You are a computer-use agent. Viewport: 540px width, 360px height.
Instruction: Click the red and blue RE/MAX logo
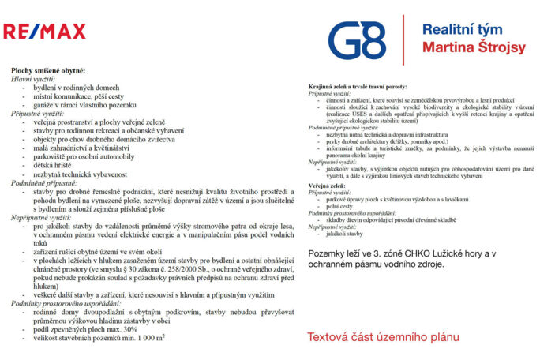[44, 32]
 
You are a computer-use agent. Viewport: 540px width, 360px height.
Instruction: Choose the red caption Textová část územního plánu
[383, 337]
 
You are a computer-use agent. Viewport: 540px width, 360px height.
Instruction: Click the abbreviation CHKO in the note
[419, 252]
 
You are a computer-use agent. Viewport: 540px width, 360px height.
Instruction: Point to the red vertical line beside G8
[403, 39]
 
